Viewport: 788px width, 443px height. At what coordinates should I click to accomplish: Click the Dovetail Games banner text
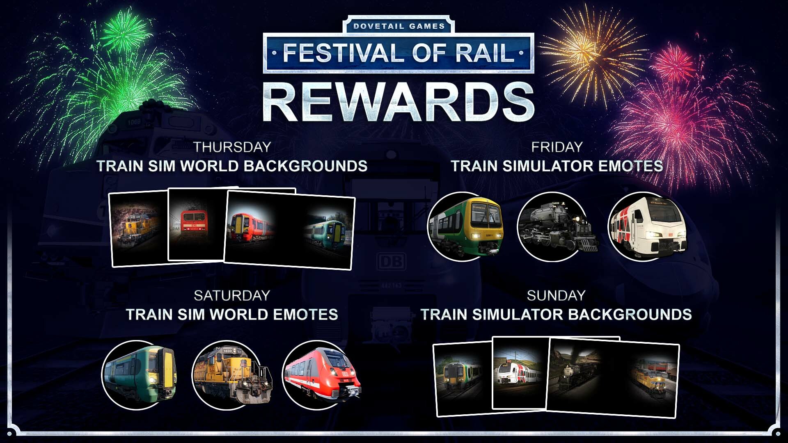399,26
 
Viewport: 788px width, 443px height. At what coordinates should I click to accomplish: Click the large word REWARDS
399,101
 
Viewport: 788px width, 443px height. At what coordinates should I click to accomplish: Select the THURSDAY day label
232,147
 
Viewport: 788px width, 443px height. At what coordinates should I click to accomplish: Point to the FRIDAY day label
557,147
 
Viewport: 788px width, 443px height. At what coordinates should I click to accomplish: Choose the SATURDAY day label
232,295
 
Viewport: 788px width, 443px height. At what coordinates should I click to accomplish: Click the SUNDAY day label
556,295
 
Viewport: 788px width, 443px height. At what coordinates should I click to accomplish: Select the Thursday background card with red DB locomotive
197,225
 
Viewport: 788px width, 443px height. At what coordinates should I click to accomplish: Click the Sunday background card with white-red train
520,372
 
